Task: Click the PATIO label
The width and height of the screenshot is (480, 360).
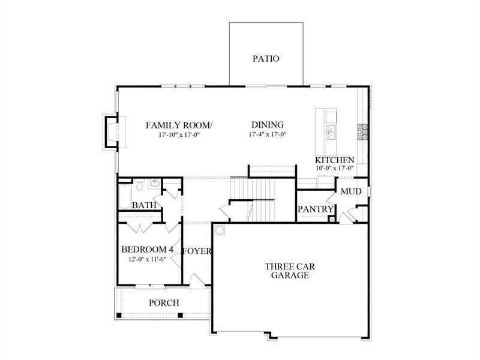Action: coord(265,59)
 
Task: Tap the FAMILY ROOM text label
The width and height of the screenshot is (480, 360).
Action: coord(179,125)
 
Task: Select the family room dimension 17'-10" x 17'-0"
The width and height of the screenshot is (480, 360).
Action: coord(179,135)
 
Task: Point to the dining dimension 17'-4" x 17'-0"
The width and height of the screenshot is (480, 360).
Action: coord(267,135)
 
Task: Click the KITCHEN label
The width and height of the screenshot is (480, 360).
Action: coord(335,161)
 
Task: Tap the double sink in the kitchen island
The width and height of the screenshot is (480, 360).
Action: coord(331,131)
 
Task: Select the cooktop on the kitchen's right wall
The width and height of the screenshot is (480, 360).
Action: coord(362,130)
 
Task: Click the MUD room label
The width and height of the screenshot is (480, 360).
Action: coord(350,191)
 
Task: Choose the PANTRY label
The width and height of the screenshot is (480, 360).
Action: coord(316,209)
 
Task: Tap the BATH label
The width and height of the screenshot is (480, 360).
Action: coord(144,205)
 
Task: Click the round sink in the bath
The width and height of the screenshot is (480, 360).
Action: coord(154,184)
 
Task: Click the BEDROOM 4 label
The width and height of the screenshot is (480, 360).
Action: coord(147,250)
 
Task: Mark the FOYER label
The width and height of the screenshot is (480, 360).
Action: coord(197,251)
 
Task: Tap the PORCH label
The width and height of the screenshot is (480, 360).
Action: coord(164,303)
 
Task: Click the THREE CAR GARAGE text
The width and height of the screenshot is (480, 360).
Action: coord(289,271)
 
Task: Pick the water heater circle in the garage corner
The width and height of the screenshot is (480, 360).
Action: coord(220,229)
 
